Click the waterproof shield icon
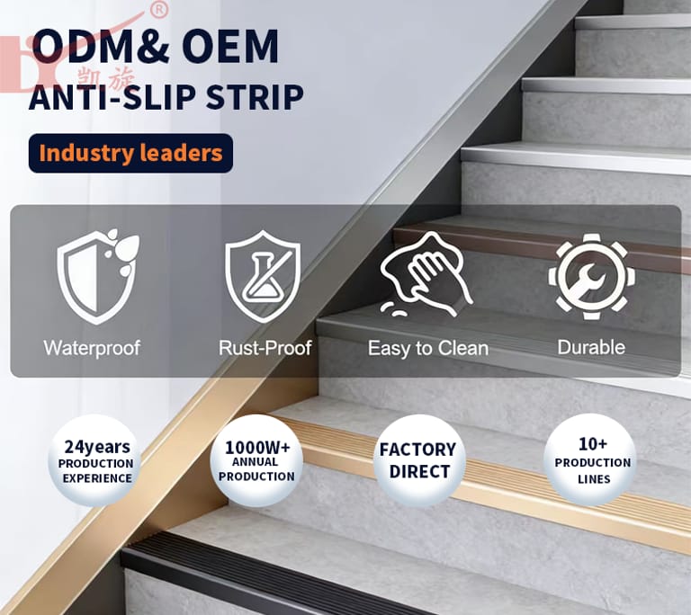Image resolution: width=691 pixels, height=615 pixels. click(x=98, y=276)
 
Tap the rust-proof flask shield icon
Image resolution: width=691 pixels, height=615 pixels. click(x=263, y=277)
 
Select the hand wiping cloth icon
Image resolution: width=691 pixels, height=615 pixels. click(x=426, y=275)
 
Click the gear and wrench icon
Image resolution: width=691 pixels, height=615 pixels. click(x=591, y=277)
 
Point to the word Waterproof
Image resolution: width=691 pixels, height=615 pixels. click(x=92, y=348)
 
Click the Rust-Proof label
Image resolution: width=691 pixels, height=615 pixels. click(x=265, y=348)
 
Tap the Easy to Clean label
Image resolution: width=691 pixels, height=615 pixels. click(x=428, y=348)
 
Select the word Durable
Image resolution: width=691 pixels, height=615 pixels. click(x=591, y=347)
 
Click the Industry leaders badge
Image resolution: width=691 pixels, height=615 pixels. click(x=130, y=153)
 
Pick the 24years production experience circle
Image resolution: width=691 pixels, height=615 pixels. click(x=96, y=460)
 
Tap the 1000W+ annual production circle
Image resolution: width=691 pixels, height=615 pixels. click(x=256, y=460)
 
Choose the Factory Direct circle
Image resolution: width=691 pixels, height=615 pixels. click(x=418, y=460)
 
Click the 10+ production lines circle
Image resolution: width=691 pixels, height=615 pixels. click(x=592, y=460)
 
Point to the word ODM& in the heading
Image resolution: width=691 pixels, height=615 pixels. click(x=100, y=46)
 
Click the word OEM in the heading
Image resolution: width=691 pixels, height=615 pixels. click(x=230, y=46)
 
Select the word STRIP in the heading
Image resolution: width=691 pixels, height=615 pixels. click(x=255, y=97)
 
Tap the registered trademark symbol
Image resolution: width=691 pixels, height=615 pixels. click(x=159, y=10)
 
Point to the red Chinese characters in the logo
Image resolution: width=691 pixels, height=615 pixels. click(x=106, y=77)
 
